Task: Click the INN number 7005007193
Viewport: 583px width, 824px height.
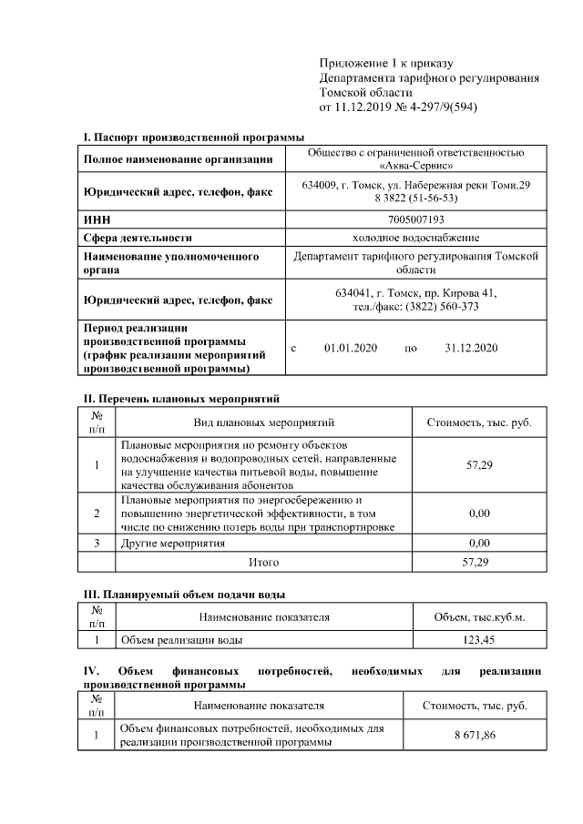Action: coord(416,219)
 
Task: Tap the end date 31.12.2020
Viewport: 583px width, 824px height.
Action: coord(471,349)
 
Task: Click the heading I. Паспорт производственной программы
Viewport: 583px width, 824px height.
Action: coord(194,137)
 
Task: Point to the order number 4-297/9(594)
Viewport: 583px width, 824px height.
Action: coord(438,107)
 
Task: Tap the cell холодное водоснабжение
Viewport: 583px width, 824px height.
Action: coord(416,238)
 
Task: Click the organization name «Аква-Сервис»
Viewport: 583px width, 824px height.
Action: coord(416,167)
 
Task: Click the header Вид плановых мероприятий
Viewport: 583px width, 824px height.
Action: coord(264,422)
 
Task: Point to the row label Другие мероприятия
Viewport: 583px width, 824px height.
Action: coord(173,543)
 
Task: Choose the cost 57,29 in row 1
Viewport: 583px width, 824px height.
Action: coord(479,465)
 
